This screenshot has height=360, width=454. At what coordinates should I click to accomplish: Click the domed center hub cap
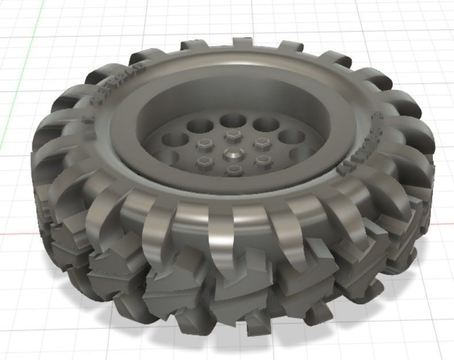(x=233, y=153)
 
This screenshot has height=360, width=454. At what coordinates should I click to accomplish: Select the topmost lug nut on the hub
(x=233, y=135)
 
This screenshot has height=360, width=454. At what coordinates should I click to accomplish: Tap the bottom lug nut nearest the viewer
(x=233, y=170)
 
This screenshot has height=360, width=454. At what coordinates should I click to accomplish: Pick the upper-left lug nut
(x=203, y=144)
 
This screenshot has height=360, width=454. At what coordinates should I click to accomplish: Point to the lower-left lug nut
(x=205, y=161)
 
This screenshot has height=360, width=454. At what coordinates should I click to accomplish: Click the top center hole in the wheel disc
(x=232, y=121)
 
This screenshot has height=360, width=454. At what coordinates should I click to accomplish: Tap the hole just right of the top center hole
(x=266, y=124)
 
